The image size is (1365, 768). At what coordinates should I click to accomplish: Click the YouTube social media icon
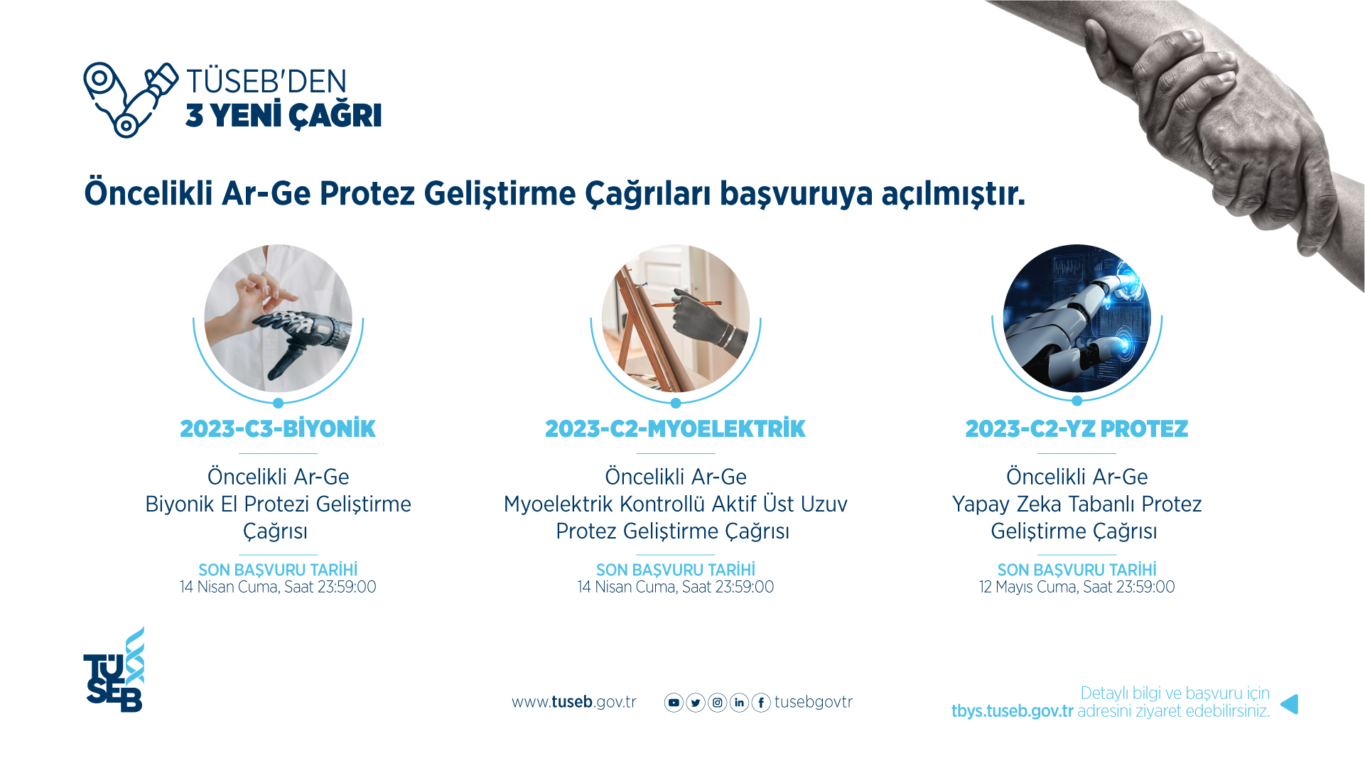[674, 703]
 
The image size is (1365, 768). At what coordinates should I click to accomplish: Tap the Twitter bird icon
[696, 703]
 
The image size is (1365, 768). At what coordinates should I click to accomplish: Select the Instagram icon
[718, 703]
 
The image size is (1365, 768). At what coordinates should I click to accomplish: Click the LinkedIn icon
[740, 703]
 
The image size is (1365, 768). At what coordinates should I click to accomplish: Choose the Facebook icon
[761, 703]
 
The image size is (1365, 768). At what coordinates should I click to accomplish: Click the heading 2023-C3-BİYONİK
[278, 429]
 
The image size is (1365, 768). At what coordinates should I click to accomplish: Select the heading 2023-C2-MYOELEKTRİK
[675, 429]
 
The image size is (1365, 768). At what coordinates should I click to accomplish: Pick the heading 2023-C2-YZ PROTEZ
[1077, 429]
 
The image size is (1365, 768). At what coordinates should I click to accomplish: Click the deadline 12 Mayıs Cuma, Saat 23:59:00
[1077, 588]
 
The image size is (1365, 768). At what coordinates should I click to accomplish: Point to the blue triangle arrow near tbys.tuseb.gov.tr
[1290, 704]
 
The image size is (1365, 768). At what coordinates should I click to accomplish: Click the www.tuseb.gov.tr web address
[573, 703]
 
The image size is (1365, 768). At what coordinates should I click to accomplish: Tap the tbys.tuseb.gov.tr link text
[1012, 711]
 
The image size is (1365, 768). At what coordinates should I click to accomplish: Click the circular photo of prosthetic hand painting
[675, 318]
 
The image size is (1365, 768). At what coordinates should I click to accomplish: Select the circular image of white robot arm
[1077, 318]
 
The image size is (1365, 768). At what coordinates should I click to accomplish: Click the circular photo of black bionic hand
[278, 318]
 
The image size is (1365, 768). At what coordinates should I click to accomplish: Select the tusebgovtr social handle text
[813, 703]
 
